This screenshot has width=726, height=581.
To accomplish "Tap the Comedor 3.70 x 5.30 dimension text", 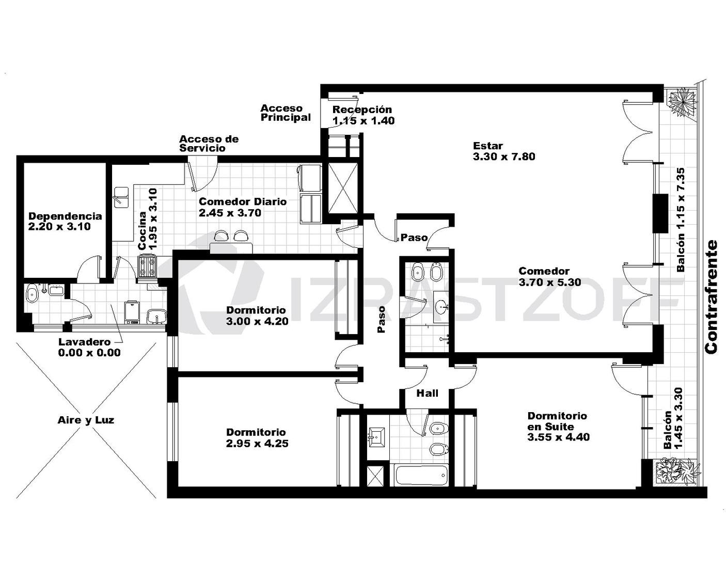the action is pos(550,282).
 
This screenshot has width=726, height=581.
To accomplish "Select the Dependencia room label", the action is pos(65,216).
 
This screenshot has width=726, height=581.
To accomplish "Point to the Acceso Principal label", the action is pos(286,113).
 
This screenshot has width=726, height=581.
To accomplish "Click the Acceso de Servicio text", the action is pos(209,144).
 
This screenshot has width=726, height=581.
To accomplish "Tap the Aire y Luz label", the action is pos(86,420).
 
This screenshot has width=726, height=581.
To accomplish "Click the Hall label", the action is pos(428,393).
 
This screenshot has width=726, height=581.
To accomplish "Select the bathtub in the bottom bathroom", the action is pos(419,475).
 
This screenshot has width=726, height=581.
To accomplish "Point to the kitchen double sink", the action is pos(121,196).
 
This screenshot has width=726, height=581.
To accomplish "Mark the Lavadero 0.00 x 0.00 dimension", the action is pos(89,353).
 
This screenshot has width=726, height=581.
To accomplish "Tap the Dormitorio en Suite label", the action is pos(557,421).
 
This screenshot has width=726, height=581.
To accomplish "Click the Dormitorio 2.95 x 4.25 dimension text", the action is pos(257,443).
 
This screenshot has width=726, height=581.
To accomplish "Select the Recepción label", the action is pos(362,109).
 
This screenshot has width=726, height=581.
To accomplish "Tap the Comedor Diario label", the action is pos(243,202).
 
